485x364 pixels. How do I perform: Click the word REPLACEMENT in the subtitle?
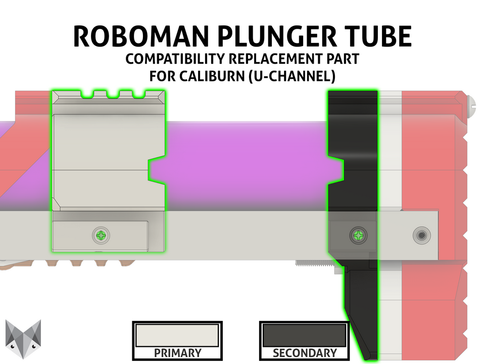coord(286,59)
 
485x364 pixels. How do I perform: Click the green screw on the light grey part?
coord(102,235)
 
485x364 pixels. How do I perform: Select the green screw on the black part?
coord(358,235)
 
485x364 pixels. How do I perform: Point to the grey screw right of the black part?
coord(420,235)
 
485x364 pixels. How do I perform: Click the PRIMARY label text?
coord(177,353)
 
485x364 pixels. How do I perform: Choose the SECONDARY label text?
coord(304,353)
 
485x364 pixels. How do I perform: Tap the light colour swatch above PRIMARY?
coord(177,335)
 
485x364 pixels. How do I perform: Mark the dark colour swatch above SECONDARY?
coord(304,335)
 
